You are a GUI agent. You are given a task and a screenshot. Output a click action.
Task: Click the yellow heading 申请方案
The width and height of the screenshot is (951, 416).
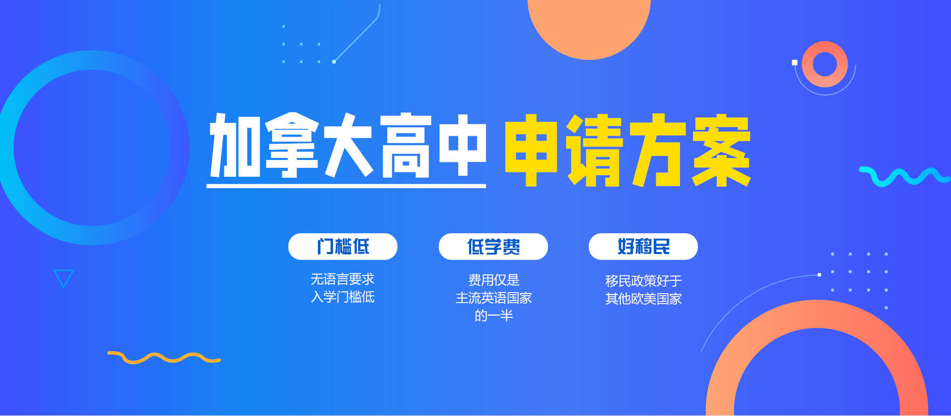click(x=628, y=150)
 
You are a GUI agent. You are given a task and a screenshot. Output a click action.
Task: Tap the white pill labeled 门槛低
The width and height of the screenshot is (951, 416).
click(x=343, y=247)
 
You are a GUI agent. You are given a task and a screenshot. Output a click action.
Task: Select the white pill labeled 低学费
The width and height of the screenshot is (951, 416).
click(x=493, y=247)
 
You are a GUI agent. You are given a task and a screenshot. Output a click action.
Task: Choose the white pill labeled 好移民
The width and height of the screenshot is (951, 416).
click(x=643, y=247)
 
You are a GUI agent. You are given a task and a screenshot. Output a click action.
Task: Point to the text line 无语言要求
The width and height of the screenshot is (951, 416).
click(x=342, y=279)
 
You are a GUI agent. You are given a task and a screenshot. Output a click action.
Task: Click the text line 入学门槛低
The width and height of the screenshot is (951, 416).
click(x=342, y=297)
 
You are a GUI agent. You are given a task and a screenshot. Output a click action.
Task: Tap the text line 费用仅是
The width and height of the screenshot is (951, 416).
click(x=494, y=280)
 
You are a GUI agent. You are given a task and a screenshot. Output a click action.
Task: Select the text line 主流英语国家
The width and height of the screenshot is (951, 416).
click(x=494, y=298)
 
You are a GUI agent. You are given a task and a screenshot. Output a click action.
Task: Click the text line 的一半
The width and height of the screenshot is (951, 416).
click(x=494, y=316)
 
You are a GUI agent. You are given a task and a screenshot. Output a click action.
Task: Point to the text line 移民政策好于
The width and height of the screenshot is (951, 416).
click(x=643, y=281)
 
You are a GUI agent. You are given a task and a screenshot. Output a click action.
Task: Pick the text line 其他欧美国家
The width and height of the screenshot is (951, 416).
click(x=643, y=299)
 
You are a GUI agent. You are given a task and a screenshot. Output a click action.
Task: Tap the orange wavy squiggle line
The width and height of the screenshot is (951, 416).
click(x=163, y=358)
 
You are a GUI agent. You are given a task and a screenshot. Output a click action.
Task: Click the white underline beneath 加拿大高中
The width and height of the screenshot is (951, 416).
click(x=346, y=186)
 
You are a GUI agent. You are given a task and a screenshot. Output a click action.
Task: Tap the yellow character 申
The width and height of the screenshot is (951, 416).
click(x=531, y=151)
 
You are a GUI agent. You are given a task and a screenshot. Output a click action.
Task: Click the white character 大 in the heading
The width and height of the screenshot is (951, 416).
click(x=349, y=145)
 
